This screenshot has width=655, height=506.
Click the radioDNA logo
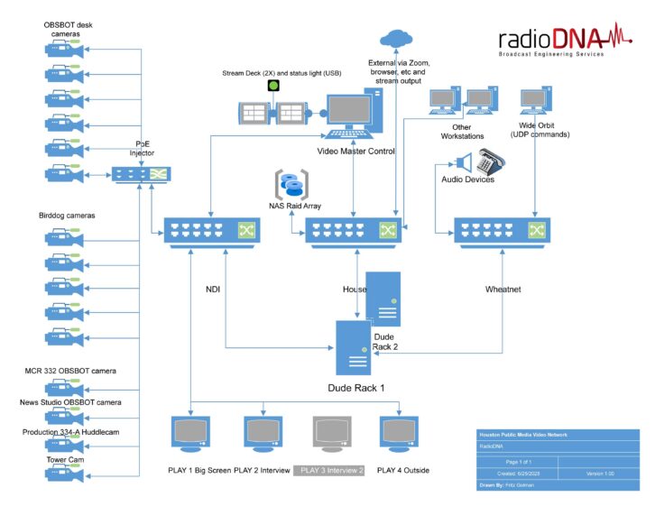coord(558,41)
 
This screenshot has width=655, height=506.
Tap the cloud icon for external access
coord(394,38)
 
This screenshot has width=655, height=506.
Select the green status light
coord(274,86)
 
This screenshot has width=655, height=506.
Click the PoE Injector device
coord(140,174)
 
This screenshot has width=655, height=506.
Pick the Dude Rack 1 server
coord(355,347)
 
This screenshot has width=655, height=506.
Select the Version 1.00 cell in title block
coord(600,474)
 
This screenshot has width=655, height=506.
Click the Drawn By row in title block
coord(558,486)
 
